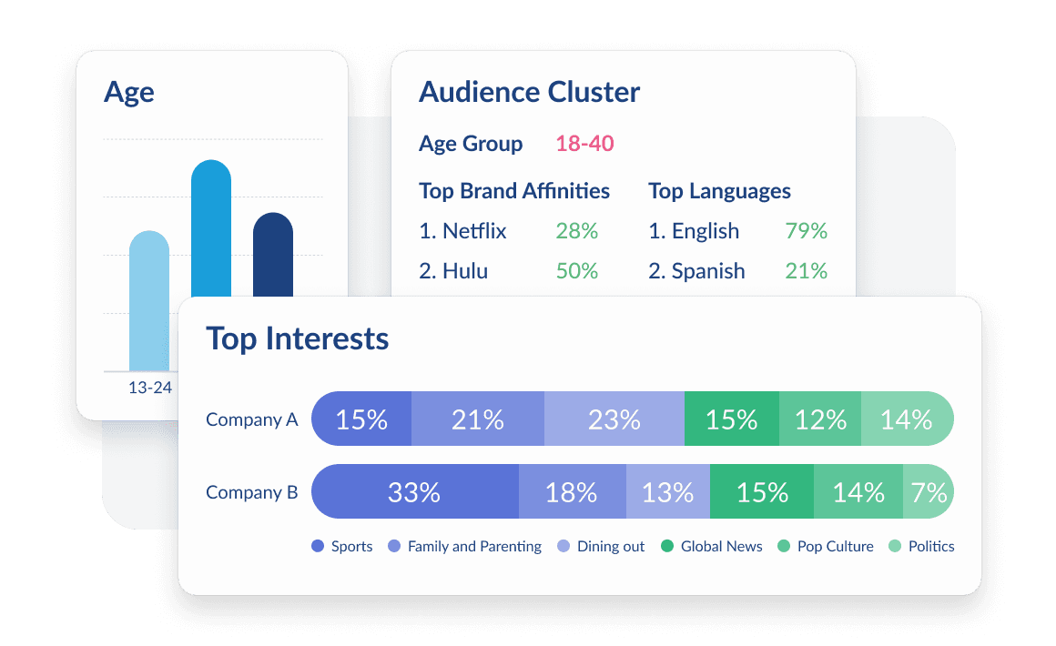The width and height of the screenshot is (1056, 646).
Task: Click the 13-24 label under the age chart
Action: coord(150,388)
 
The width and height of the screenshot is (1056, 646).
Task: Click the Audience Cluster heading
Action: coord(529,92)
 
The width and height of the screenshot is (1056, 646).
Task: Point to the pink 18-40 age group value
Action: coord(584,144)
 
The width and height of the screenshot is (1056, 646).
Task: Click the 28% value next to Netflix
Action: coord(576,231)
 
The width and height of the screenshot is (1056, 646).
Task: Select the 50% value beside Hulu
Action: coord(576,271)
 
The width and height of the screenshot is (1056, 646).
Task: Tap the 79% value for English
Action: coord(806,231)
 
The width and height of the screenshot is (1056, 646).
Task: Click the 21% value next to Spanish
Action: coord(806,271)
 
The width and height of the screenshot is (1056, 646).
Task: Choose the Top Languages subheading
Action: coord(719,191)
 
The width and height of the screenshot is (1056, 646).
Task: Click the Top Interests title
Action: coord(298,338)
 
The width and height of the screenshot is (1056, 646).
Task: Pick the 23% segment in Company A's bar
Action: coord(614,419)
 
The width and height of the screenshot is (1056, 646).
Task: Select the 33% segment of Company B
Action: coord(414,492)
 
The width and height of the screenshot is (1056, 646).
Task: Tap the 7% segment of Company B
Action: coord(929,492)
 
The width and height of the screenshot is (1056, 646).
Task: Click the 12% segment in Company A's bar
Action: coord(820,419)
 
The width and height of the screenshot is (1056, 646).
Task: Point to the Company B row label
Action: coord(251,492)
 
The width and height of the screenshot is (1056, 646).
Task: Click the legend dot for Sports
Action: coord(318,547)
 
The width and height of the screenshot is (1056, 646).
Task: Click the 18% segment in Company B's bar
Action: coord(572,492)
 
